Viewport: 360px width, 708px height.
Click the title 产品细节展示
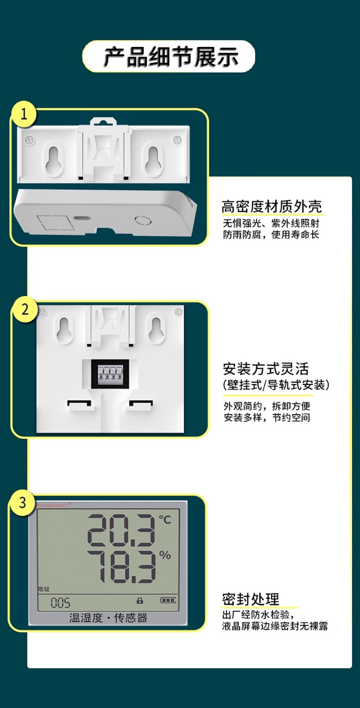click(x=171, y=57)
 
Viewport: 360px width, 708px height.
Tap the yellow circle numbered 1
click(x=24, y=114)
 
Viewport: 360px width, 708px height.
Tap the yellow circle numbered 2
click(x=25, y=309)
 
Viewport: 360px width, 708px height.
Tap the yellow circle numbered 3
click(x=23, y=503)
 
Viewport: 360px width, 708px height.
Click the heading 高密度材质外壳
click(x=271, y=207)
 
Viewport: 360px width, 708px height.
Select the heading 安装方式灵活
click(x=266, y=369)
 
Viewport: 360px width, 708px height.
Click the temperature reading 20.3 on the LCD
click(x=121, y=530)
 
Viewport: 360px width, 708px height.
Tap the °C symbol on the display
click(x=165, y=519)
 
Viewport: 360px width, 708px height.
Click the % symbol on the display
click(x=165, y=555)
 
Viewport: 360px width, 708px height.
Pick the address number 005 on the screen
click(x=60, y=603)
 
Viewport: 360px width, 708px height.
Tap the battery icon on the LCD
click(x=168, y=600)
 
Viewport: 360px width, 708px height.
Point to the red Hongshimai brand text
click(x=52, y=505)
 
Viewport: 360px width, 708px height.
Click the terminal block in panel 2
click(x=110, y=374)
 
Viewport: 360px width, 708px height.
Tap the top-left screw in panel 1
click(x=30, y=139)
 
